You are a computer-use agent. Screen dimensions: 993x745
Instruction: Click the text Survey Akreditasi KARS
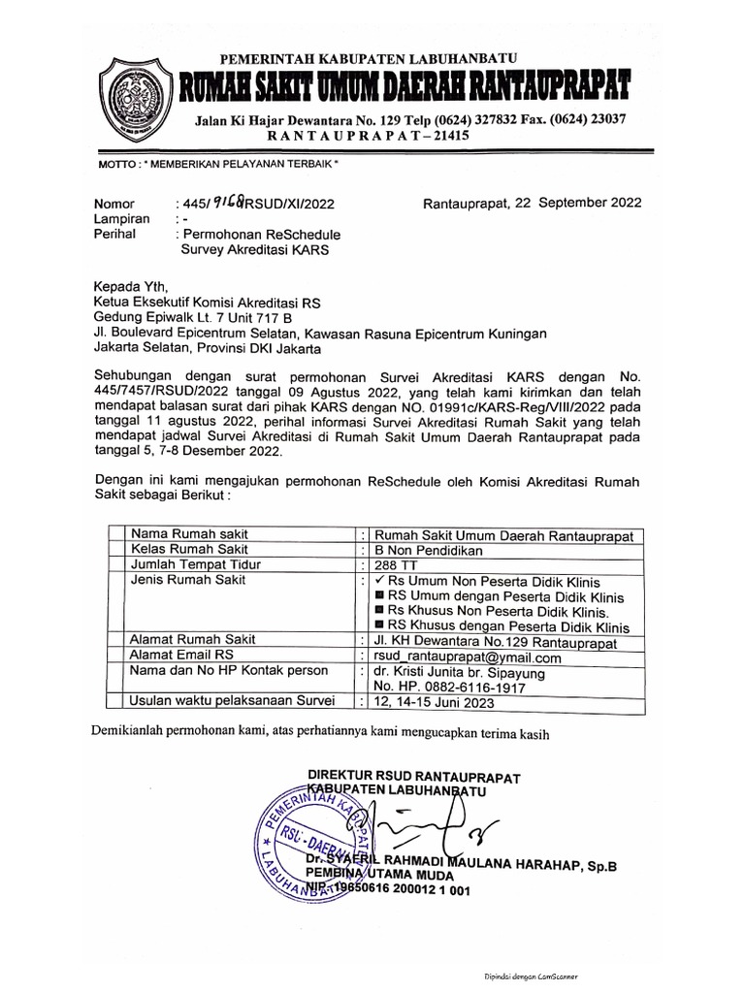pos(255,249)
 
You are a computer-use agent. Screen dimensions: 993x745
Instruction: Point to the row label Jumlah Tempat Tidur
pos(197,565)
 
